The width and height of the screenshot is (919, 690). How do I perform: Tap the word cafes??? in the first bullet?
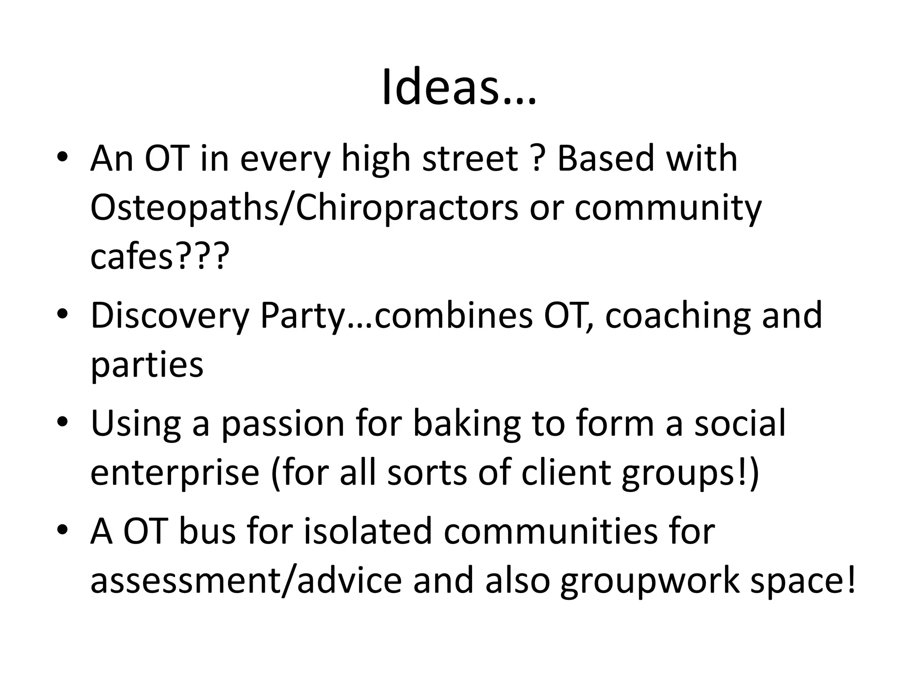[x=159, y=257]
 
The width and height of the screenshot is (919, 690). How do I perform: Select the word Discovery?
[x=169, y=316]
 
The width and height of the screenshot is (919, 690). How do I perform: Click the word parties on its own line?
[x=147, y=365]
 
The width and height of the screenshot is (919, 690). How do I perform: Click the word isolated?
[x=368, y=531]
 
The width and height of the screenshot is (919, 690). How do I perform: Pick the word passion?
[x=282, y=425]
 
